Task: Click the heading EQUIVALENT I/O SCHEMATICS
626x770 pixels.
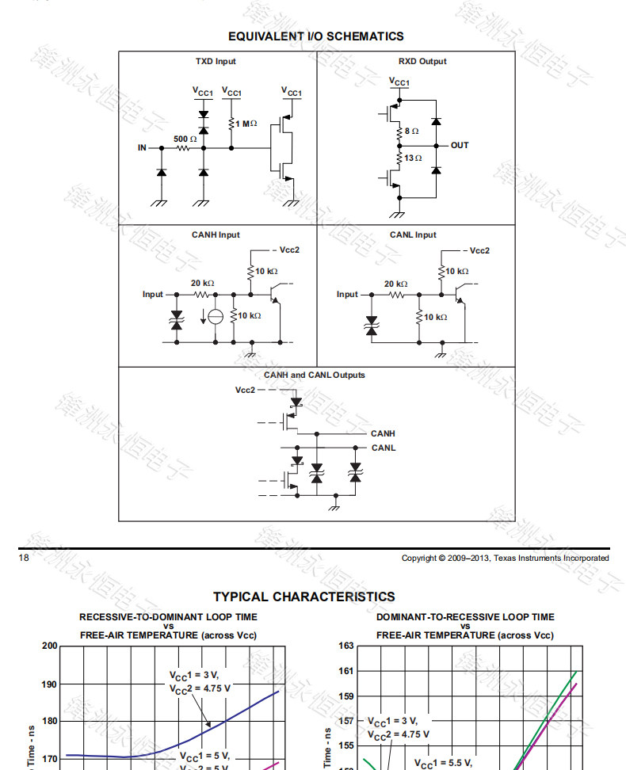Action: pos(315,36)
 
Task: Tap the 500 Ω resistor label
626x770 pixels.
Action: pos(185,139)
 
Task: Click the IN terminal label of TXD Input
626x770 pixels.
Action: pos(142,148)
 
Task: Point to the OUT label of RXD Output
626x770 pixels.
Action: pos(460,146)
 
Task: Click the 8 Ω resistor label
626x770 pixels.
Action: pos(411,131)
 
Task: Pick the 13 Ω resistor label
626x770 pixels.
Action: pos(413,158)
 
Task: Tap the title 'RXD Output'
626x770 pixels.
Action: pos(422,62)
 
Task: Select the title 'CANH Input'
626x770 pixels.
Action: pos(216,235)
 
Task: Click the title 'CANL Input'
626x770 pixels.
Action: pos(413,235)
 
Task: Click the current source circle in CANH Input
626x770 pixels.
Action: pos(215,317)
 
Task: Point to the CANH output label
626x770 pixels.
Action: pos(383,434)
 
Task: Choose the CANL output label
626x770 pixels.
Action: pos(383,448)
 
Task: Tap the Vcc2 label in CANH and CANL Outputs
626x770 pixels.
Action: pos(246,390)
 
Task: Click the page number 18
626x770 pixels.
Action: pos(24,558)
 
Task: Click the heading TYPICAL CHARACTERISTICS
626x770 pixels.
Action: pos(303,597)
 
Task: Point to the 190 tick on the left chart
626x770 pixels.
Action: pos(49,684)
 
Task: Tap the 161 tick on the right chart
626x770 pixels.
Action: pos(345,671)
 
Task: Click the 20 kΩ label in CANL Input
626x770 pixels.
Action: pos(396,284)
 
